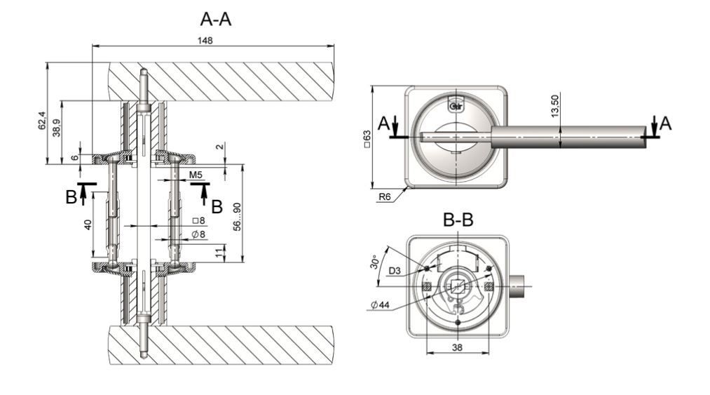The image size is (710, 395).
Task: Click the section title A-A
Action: click(x=214, y=19)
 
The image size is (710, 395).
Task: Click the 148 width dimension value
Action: click(x=205, y=40)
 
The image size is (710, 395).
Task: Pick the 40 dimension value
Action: click(x=87, y=225)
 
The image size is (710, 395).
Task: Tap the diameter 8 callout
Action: click(x=198, y=234)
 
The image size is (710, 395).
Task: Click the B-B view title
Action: click(x=458, y=220)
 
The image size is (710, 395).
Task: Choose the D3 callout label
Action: click(x=395, y=270)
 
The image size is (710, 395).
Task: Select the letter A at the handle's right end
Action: click(x=665, y=123)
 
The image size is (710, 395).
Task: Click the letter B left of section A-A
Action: click(x=71, y=198)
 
